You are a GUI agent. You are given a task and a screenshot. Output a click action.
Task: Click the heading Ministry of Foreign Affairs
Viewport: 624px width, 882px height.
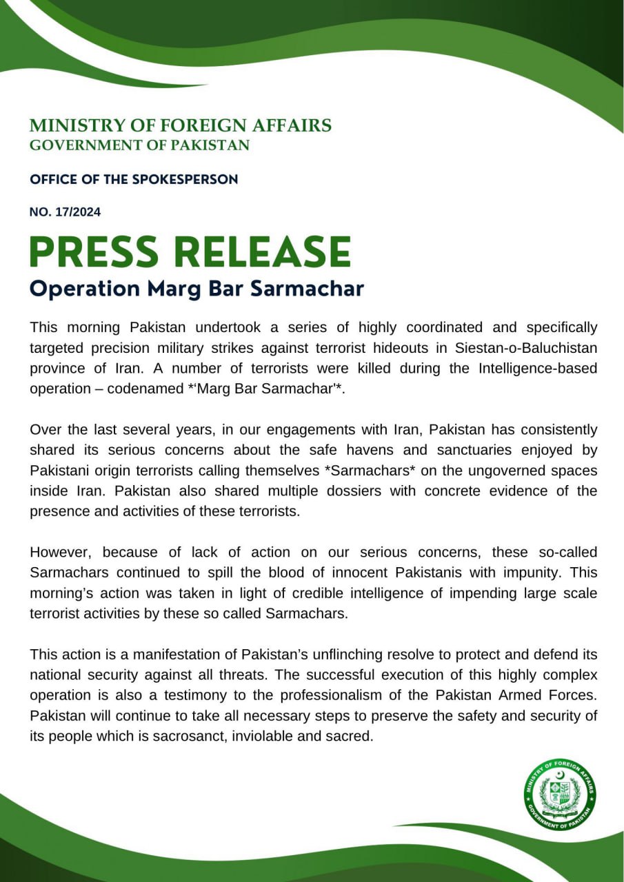(180, 125)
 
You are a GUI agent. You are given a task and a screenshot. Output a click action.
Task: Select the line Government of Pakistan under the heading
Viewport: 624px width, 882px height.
(139, 145)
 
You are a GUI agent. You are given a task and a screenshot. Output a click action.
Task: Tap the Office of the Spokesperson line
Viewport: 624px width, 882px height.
(134, 179)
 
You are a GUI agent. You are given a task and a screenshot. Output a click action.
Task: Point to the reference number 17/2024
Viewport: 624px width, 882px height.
(65, 212)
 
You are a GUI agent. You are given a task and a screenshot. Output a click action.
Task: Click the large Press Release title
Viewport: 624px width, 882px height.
(190, 252)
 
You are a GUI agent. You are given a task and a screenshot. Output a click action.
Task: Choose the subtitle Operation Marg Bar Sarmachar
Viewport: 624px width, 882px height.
(197, 288)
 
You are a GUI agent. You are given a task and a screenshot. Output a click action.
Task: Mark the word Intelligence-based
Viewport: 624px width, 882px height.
(538, 367)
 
